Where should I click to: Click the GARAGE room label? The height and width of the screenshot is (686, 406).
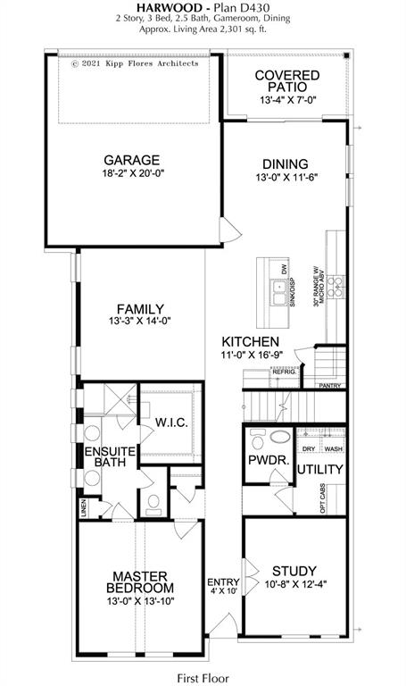click(x=130, y=160)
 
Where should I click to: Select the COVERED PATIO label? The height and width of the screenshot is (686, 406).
click(x=286, y=81)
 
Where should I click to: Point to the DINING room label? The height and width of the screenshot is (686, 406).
click(x=285, y=163)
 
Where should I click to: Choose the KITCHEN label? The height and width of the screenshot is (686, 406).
click(x=251, y=342)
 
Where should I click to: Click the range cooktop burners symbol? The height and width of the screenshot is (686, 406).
click(x=336, y=286)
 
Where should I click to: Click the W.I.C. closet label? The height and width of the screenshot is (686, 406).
click(x=170, y=422)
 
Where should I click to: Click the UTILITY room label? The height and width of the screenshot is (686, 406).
click(x=320, y=469)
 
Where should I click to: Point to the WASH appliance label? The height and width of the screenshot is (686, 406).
click(x=333, y=448)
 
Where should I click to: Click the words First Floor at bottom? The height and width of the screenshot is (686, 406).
click(x=203, y=676)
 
